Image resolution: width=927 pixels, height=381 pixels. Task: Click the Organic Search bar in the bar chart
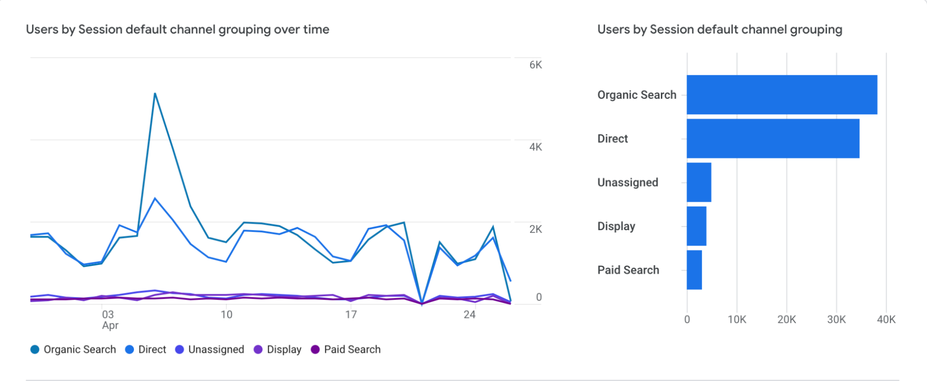point(782,95)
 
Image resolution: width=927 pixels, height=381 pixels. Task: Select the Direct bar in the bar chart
point(773,138)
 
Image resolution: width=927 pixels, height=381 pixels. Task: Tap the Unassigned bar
point(699,182)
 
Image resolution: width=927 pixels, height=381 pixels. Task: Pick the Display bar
point(697,226)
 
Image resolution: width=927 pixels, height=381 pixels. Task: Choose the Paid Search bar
point(694,270)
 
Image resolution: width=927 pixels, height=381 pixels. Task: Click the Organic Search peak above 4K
point(155,94)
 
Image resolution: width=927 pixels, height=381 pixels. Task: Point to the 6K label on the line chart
point(536,65)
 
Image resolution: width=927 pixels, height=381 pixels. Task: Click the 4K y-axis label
point(536,147)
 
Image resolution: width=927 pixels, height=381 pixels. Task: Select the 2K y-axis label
point(536,229)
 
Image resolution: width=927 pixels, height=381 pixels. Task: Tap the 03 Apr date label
point(109,320)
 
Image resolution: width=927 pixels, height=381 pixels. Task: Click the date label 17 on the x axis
point(351,315)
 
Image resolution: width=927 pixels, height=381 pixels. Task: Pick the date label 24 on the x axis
point(469,315)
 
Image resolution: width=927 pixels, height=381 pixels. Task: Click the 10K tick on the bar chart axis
point(737,320)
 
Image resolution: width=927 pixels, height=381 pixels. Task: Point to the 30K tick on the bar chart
point(837,320)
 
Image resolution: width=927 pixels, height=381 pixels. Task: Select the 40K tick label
point(886,320)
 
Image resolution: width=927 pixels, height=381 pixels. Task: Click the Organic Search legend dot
point(35,349)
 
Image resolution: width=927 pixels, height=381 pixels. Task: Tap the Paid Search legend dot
point(315,349)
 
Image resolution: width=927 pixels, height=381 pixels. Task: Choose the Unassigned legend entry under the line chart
point(210,349)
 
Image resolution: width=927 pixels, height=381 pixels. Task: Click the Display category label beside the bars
point(616,226)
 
